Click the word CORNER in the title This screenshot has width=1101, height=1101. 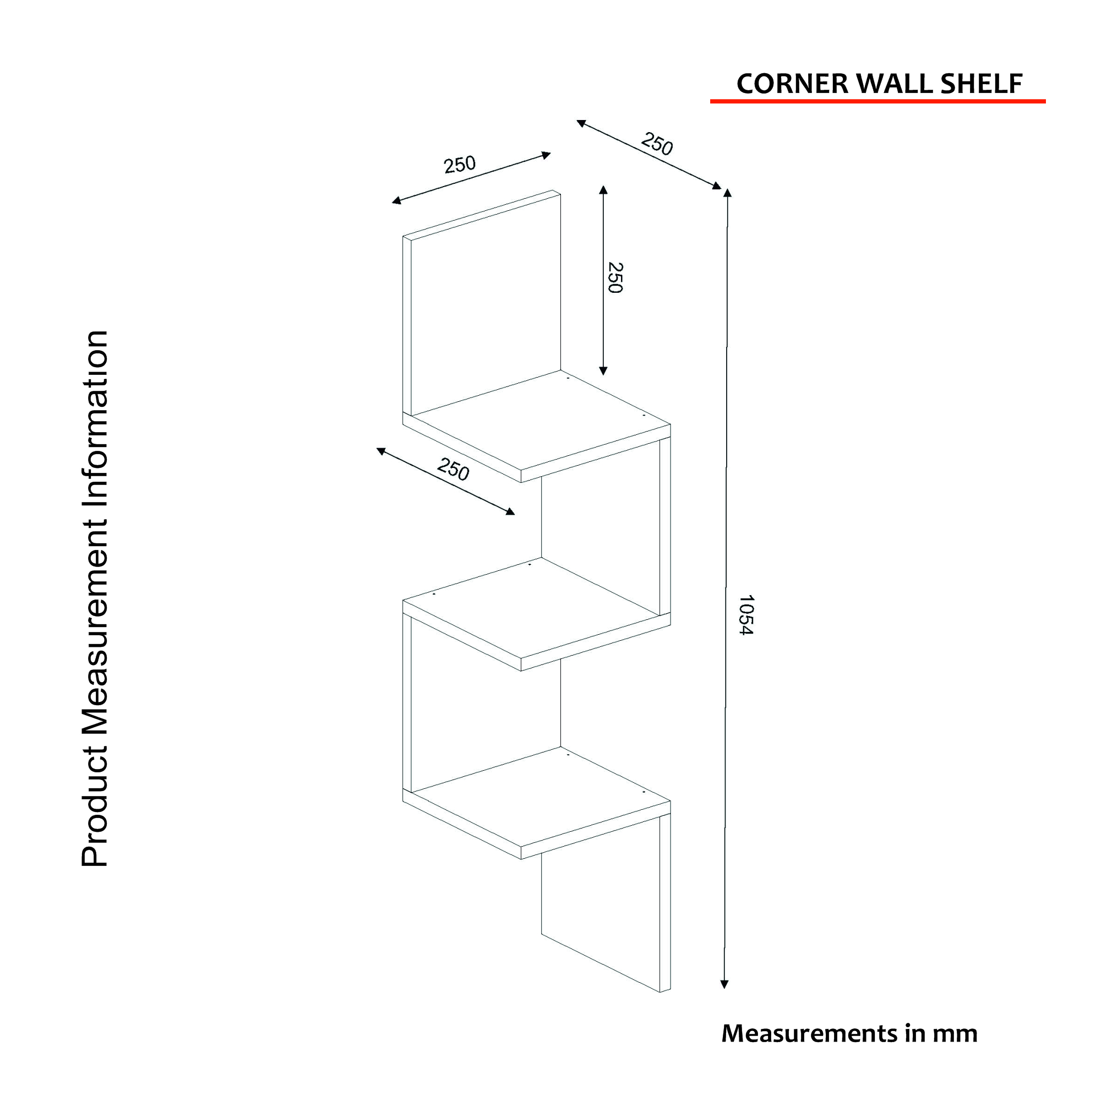[793, 84]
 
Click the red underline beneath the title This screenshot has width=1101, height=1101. [877, 101]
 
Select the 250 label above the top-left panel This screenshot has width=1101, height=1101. [459, 164]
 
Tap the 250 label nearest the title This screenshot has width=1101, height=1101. [657, 144]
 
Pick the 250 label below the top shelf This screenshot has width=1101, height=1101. [454, 469]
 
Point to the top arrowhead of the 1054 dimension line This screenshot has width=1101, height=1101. [727, 193]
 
